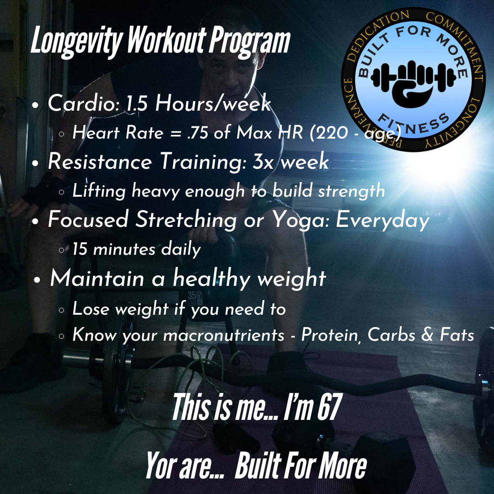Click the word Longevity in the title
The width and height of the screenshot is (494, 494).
pyautogui.click(x=77, y=42)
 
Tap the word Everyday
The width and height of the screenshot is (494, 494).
pyautogui.click(x=382, y=220)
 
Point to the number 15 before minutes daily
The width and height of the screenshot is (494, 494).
pyautogui.click(x=80, y=249)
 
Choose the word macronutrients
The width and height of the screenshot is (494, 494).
pyautogui.click(x=224, y=335)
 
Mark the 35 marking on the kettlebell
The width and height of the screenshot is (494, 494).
pyautogui.click(x=192, y=295)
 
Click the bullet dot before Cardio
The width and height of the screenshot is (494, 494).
pyautogui.click(x=35, y=105)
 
